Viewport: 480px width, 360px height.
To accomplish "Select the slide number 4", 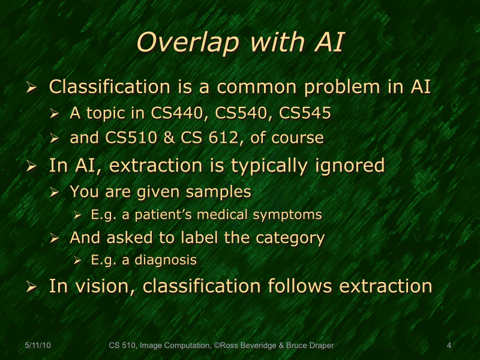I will tap(449, 345).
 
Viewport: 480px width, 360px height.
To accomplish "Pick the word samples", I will tap(219, 192).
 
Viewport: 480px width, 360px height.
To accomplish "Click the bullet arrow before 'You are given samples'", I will tap(55, 193).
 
